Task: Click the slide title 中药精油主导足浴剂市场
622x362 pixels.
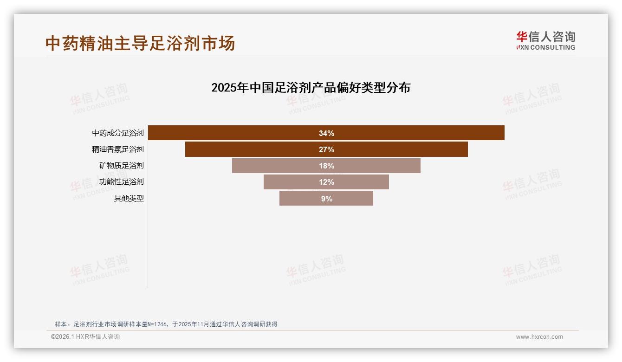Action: pos(140,43)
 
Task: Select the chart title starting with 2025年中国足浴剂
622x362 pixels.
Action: pos(311,87)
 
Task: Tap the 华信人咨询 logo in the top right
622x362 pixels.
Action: pos(545,41)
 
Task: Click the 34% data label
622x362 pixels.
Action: pos(326,133)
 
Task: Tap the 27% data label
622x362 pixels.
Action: pos(326,149)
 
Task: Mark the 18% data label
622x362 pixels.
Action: pos(326,166)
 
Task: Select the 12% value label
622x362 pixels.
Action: pos(326,182)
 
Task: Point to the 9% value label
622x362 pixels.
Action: pos(326,199)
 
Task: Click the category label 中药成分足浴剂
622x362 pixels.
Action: pos(118,133)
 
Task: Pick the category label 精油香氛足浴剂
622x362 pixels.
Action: pos(118,149)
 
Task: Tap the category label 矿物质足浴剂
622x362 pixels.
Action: pos(122,166)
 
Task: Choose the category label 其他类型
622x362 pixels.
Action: pos(129,199)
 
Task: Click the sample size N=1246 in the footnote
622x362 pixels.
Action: pos(155,324)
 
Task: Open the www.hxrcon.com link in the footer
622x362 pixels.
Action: pos(539,337)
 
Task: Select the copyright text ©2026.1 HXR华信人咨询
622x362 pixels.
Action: pos(85,337)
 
